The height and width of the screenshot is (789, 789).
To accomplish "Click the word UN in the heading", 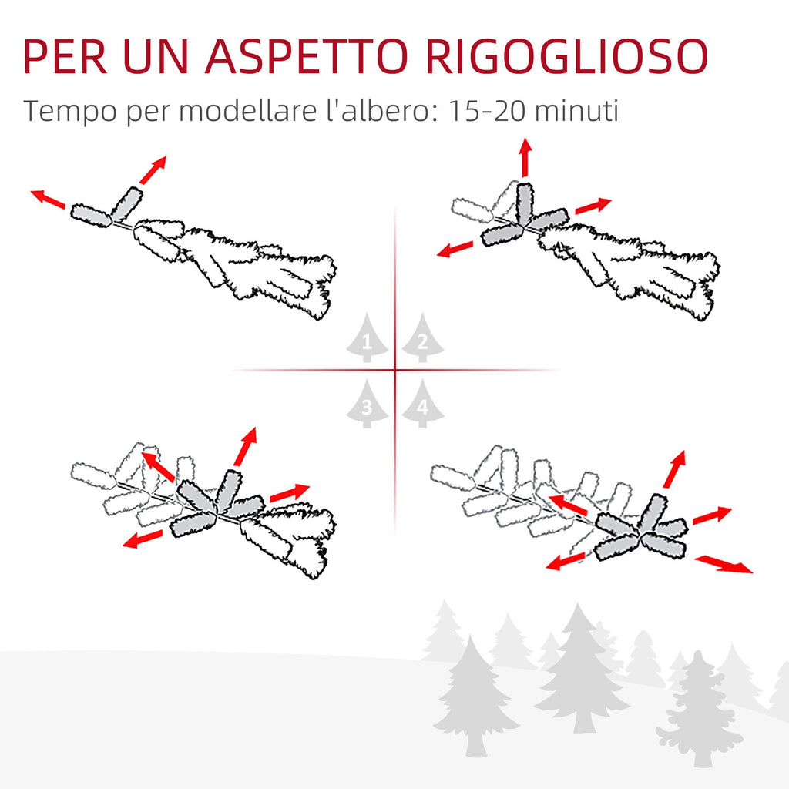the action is tap(156, 56).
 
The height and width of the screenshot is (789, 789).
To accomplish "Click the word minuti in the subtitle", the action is tap(576, 111).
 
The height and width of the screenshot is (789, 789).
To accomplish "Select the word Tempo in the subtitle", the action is tap(70, 112).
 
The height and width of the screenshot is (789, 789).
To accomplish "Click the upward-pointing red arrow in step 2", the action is tap(525, 157).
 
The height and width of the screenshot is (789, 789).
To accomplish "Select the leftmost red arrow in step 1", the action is tap(48, 200).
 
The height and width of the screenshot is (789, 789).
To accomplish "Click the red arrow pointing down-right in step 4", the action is tap(724, 564).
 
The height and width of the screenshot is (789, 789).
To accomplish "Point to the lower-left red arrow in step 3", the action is tap(143, 539).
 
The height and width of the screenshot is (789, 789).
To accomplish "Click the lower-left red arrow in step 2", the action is tap(455, 249).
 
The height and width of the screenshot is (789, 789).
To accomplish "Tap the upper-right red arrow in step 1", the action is tap(153, 170).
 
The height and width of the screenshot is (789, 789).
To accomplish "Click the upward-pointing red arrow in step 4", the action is tap(675, 469).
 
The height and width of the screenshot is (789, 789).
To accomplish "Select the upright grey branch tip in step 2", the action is tap(525, 203).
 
